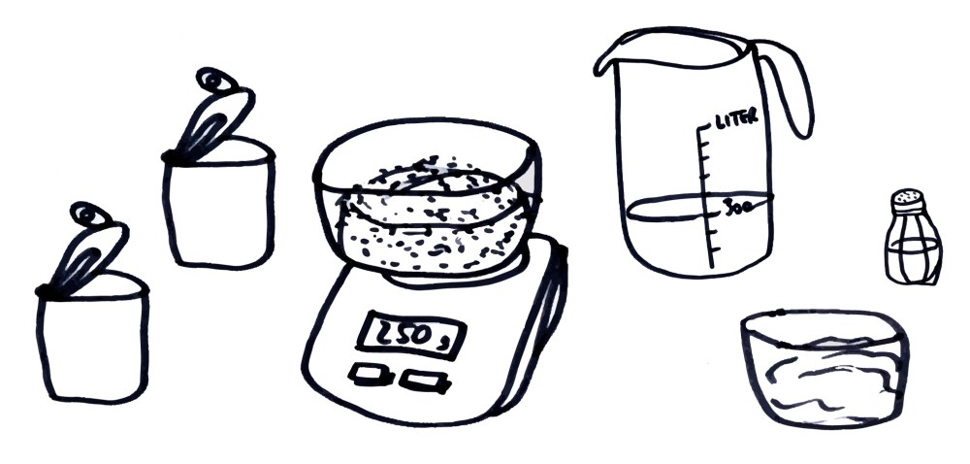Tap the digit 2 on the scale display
click(x=381, y=333)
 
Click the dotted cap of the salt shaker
click(x=908, y=200)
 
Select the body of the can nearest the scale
click(x=218, y=209)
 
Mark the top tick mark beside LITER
click(x=706, y=127)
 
